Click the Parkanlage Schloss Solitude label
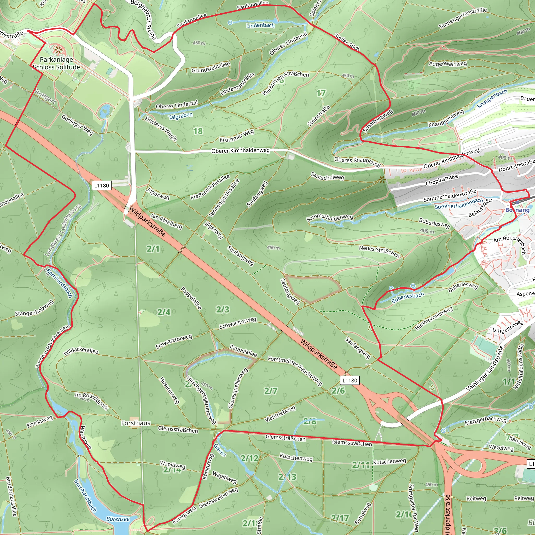56,63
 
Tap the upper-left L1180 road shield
101,185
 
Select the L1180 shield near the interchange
350,380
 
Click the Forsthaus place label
136,423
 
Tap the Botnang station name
517,210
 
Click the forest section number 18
198,131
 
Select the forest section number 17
321,93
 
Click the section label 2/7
270,391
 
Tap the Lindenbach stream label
260,25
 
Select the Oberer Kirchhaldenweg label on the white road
240,151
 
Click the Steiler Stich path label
347,42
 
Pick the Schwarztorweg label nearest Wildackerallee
174,341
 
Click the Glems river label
220,450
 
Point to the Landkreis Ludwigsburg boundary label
63,230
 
